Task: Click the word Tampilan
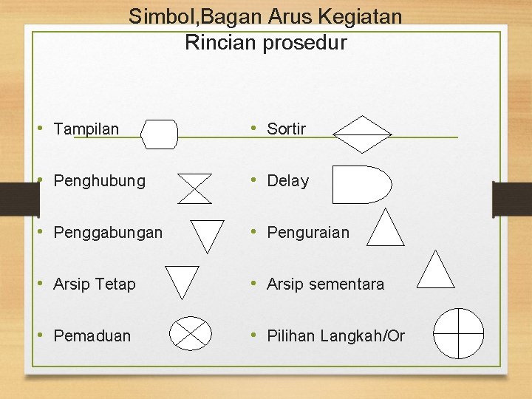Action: tap(86, 129)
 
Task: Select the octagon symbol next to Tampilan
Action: tap(160, 134)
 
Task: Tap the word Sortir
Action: tap(286, 129)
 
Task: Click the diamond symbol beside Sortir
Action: tap(361, 134)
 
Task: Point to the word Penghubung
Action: tap(100, 181)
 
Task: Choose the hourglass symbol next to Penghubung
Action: tap(195, 188)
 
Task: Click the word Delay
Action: tap(287, 181)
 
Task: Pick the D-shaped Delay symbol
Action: tap(361, 185)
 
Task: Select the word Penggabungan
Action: tap(108, 233)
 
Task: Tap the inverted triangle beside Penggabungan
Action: tap(208, 233)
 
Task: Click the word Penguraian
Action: tap(308, 233)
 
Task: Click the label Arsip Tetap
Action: tap(95, 284)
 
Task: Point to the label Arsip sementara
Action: tap(325, 284)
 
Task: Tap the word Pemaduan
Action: tap(92, 336)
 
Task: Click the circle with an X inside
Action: tap(191, 334)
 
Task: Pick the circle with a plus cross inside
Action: tap(458, 333)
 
